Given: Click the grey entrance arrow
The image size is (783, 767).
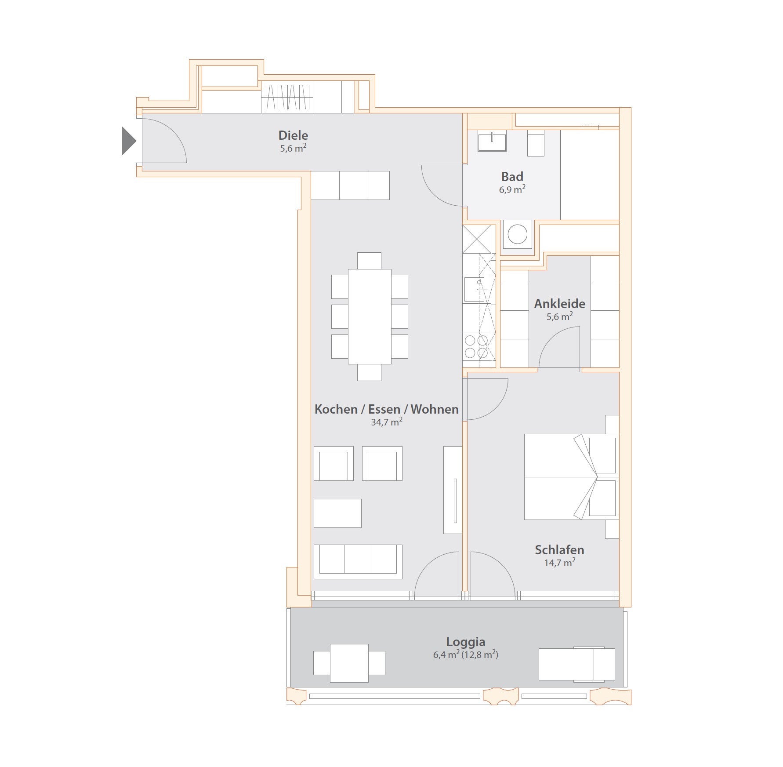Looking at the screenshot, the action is coord(128,141).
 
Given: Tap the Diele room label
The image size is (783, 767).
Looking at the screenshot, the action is coord(293,135).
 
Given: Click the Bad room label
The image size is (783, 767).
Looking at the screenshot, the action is coord(512,177).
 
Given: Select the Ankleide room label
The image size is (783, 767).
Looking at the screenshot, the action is coord(559,304).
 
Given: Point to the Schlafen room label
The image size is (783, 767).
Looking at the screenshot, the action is coord(559,550).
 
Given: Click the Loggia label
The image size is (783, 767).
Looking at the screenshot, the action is coord(465,642).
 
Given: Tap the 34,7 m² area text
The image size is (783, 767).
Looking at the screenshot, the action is coord(387,422).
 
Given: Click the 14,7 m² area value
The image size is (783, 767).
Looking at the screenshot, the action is coord(560,563).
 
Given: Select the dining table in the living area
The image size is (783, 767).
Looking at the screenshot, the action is coord(370,316).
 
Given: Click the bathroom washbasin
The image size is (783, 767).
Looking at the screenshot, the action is coord(492,142).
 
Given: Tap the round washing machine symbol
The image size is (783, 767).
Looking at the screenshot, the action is coord(517,234).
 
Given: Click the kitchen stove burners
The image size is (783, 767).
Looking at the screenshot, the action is coord(476,346).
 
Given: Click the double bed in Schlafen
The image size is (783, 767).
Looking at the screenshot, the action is coord(572,477).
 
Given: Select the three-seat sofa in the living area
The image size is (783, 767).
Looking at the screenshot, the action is coord(358,562).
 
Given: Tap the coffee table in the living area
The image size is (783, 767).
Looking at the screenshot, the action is coord(337,513).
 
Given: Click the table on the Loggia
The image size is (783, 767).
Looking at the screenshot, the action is coord(349,663).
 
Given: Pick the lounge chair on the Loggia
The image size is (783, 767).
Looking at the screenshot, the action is coord(577,664).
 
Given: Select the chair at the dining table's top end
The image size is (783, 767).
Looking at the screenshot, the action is coord(369,261).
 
